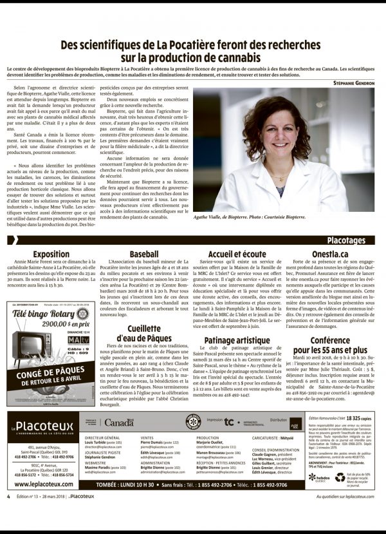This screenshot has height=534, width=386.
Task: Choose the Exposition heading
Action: click(51, 254)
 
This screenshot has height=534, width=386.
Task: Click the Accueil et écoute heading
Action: click(237, 254)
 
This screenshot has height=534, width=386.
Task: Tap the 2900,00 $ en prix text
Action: click(60, 326)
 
